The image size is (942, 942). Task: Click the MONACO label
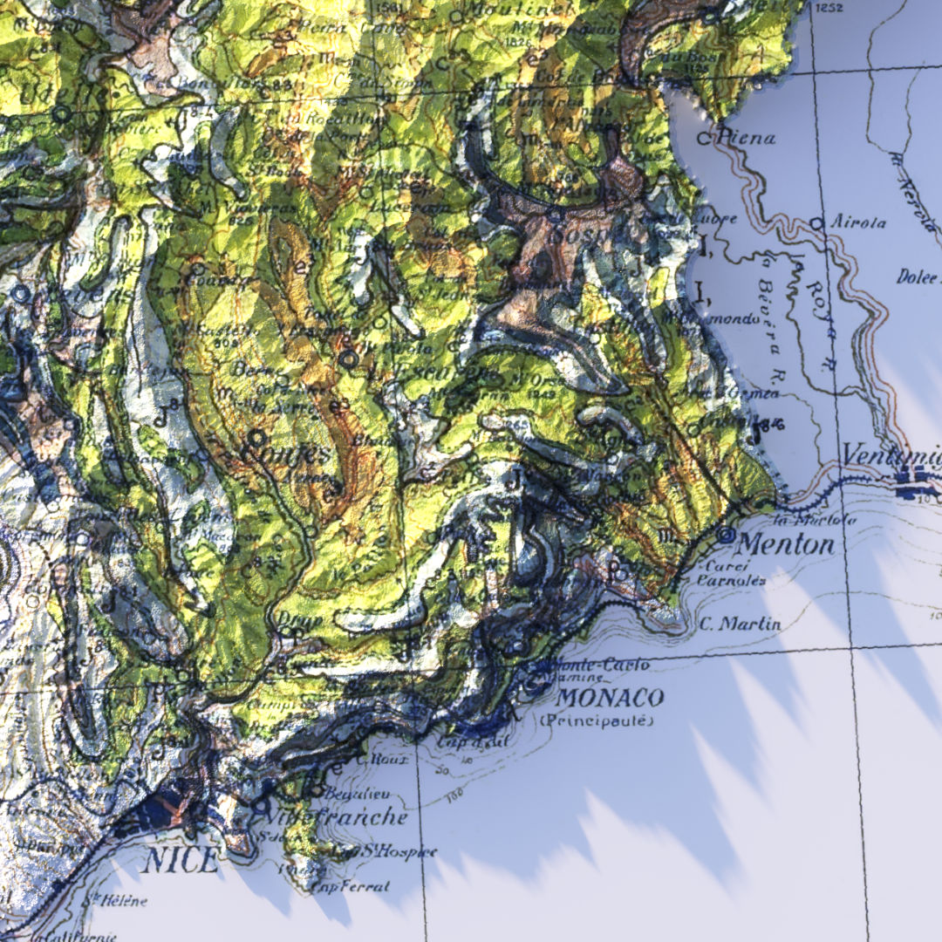(610, 698)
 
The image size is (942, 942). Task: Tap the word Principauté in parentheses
(596, 720)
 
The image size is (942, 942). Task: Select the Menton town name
(785, 545)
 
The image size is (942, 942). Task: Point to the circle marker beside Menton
(725, 535)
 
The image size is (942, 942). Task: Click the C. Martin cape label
(741, 624)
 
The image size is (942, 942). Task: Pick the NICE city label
(181, 861)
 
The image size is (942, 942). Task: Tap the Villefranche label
(340, 817)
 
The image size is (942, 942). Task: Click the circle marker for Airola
(816, 223)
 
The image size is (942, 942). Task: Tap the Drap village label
(287, 618)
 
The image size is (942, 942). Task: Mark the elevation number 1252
(829, 8)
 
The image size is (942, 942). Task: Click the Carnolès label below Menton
(732, 579)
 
